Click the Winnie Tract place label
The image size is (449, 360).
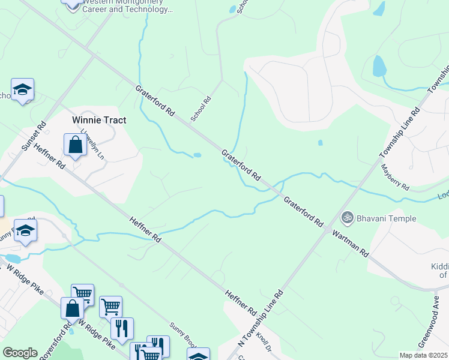[99, 120]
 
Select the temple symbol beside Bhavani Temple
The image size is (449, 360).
[346, 218]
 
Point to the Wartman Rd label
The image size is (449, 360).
[350, 242]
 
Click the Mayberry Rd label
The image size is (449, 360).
[395, 178]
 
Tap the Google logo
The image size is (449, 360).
[20, 353]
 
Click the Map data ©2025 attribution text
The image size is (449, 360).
[424, 355]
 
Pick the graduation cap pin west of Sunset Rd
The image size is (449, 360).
[22, 90]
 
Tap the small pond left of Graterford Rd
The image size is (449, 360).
[197, 155]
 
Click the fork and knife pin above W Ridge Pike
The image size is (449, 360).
[122, 328]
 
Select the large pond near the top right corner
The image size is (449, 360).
[379, 68]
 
